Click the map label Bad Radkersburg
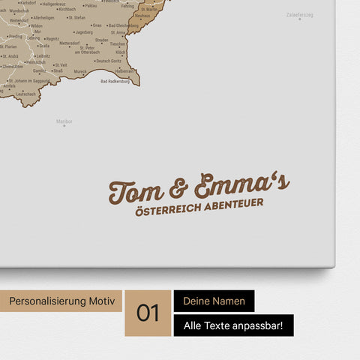(x=115, y=82)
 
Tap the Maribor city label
(x=64, y=121)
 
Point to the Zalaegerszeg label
(x=300, y=15)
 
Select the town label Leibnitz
(x=43, y=56)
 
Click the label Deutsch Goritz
(x=109, y=61)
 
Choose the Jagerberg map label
(x=83, y=33)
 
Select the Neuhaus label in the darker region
(x=142, y=15)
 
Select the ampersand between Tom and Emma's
(x=178, y=188)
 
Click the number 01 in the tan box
(x=148, y=313)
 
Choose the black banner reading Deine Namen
(x=214, y=301)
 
